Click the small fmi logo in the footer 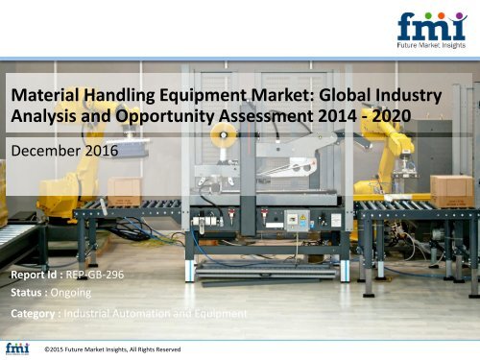point(17,348)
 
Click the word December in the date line point(44,152)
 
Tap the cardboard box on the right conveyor point(451,188)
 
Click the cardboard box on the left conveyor point(124,189)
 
